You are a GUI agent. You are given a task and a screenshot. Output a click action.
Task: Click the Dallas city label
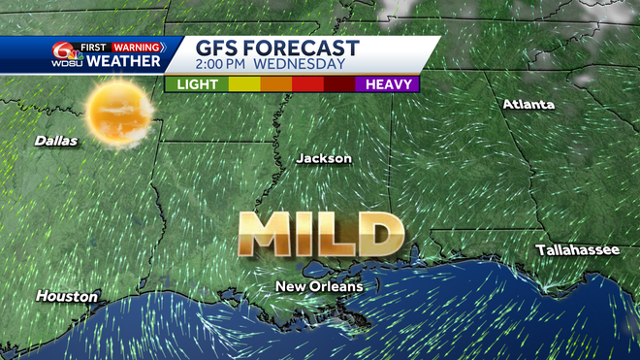pos(55,141)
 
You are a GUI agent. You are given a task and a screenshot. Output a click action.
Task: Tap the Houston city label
pos(67,296)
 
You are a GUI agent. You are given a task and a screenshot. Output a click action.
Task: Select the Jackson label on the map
pos(324,158)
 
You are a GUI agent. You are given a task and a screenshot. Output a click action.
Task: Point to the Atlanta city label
pos(528,105)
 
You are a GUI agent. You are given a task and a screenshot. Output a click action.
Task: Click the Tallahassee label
pos(577,250)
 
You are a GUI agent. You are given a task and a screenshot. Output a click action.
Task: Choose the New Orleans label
pos(319,286)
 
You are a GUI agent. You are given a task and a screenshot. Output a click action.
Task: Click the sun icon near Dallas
pos(120,115)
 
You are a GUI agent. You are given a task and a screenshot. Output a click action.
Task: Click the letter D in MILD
pos(380,233)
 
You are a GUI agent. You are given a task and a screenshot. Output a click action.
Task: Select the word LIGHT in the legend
pos(196,84)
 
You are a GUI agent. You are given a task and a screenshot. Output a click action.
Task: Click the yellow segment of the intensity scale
pos(243,84)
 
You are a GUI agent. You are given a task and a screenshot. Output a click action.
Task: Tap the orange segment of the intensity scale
pos(275,84)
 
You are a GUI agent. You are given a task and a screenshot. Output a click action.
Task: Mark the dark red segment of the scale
pos(339,84)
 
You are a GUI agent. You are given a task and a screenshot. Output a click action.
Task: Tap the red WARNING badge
pos(136,46)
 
